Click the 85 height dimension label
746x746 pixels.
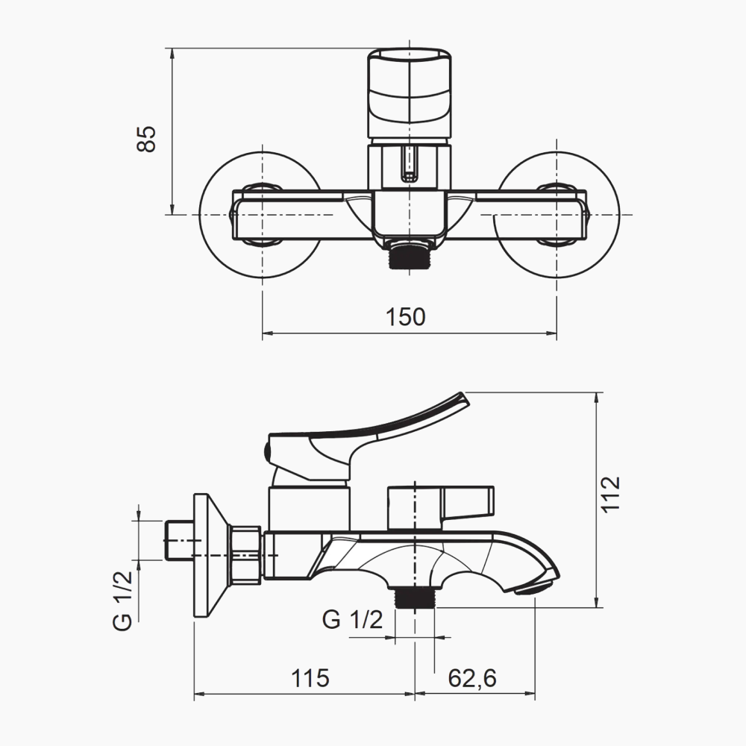146,139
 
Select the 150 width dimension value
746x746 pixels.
405,317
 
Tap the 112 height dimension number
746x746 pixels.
610,494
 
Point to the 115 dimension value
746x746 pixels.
310,678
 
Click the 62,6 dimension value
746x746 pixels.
472,678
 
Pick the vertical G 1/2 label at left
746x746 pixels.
122,601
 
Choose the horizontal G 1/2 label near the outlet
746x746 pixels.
352,619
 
